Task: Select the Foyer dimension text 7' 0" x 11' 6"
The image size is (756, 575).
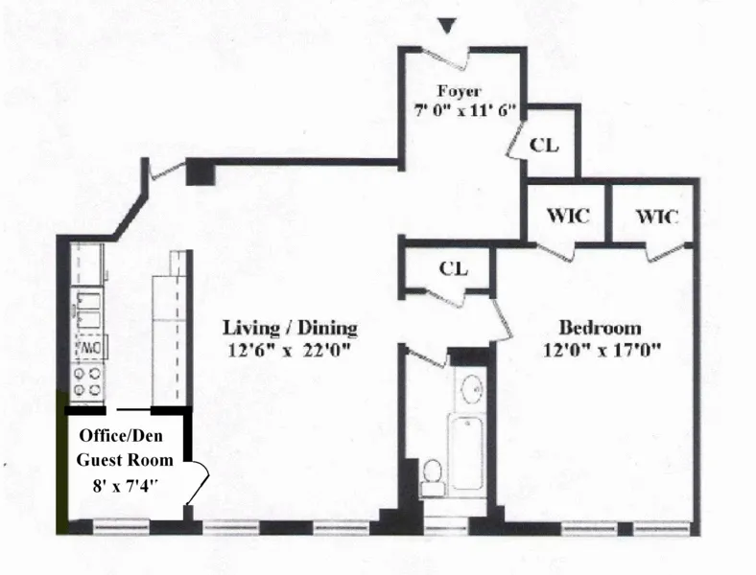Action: (x=461, y=110)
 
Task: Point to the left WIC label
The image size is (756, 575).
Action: (x=568, y=217)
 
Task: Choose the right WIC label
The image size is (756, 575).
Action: (x=656, y=217)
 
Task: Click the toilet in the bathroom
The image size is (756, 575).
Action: (x=433, y=476)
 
